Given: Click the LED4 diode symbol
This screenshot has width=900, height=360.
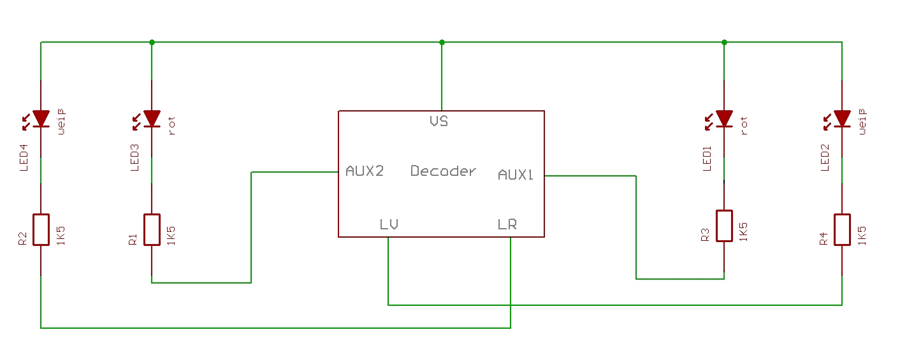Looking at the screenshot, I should coord(41,119).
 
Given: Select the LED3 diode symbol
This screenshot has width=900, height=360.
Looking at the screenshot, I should coord(152,119).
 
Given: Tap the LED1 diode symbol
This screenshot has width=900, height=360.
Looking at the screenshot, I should coord(724,119).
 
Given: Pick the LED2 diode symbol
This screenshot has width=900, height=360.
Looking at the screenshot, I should coord(842,119).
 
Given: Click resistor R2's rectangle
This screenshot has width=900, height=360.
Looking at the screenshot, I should coord(41,229).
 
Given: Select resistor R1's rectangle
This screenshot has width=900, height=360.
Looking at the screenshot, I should coord(152,229).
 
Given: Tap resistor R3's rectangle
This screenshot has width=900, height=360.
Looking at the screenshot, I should coord(724,226).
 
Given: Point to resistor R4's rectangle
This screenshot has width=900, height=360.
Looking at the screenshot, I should coord(842,229).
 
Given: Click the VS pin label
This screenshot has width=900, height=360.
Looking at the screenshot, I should coord(439,121).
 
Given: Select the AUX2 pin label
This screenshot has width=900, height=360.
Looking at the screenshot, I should coord(365,171).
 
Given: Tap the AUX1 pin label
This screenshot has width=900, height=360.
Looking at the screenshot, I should coord(515,175).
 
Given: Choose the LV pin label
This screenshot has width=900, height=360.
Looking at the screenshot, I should coord(389,224).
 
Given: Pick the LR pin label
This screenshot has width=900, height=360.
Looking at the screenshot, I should coord(507,224).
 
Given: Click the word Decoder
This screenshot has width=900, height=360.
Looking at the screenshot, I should coord(443,171).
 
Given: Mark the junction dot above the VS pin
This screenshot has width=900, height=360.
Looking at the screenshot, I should coord(442,43).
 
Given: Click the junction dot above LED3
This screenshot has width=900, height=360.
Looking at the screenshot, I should coord(152,43).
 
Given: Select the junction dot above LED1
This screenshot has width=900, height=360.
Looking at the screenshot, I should coord(724,43).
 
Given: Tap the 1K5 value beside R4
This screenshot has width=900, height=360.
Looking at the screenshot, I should coord(862,233).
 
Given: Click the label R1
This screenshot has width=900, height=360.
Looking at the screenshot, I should coord(133,240).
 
